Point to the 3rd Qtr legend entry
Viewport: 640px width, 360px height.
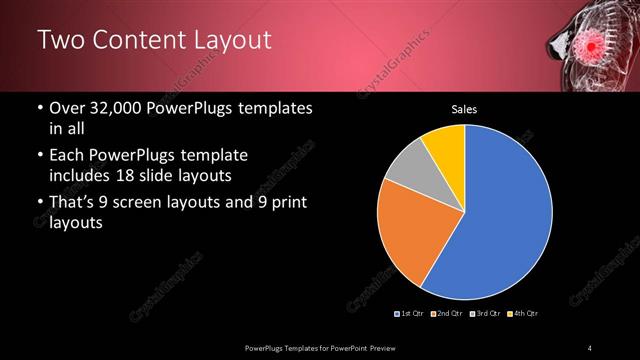click(x=487, y=314)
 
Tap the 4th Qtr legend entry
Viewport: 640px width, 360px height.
click(x=524, y=314)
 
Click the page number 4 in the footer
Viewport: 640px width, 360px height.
click(x=590, y=347)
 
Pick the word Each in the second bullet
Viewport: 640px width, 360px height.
click(x=66, y=156)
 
